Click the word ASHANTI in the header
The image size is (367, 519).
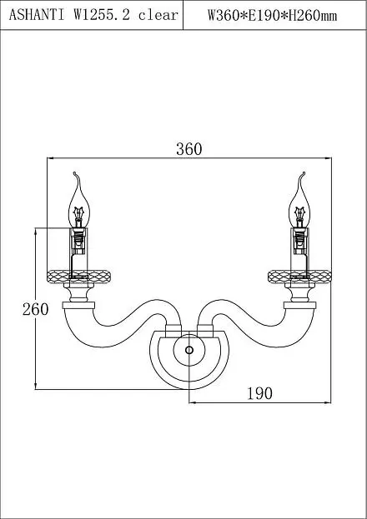(x=37, y=15)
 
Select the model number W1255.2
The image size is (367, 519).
(x=102, y=15)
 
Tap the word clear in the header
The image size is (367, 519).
(x=158, y=15)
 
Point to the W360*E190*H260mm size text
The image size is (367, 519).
(x=272, y=15)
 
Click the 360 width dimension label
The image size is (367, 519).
(x=189, y=149)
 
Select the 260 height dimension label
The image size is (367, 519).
(x=36, y=309)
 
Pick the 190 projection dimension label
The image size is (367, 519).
(x=260, y=393)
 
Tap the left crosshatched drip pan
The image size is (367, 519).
(x=78, y=277)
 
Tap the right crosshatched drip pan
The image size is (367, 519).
(x=299, y=277)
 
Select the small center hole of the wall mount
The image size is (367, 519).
(x=189, y=350)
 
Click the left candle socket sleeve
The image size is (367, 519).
(x=78, y=249)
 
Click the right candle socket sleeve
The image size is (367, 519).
(x=299, y=249)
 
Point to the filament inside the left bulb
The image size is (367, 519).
(x=79, y=214)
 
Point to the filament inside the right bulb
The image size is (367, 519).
(x=299, y=214)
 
